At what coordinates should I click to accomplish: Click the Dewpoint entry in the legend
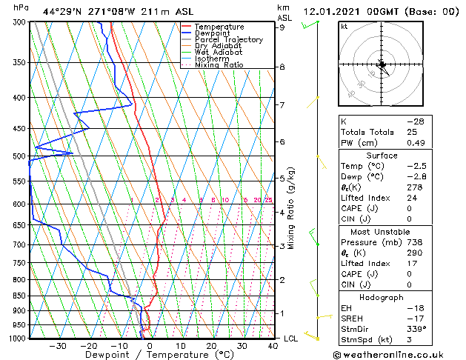click(x=212, y=33)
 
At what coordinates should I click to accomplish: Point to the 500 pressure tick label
click(x=18, y=156)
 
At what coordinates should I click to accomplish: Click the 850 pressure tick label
click(x=18, y=296)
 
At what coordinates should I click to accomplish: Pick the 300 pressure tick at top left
click(x=18, y=22)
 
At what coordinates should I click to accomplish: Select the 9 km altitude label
click(x=282, y=27)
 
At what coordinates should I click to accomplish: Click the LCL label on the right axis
click(x=291, y=339)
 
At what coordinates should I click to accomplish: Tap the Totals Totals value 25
click(x=410, y=132)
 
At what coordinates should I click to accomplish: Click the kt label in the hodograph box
click(x=344, y=26)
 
